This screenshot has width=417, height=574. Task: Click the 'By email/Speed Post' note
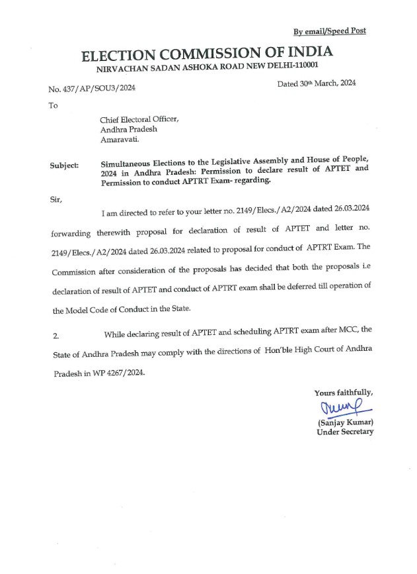[329, 30]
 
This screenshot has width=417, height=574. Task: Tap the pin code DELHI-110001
[291, 67]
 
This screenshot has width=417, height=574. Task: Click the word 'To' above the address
[54, 105]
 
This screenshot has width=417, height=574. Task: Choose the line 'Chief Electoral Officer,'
[139, 120]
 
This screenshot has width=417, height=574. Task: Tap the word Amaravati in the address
[120, 140]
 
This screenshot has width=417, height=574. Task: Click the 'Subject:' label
[64, 165]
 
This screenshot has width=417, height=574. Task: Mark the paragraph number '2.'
[55, 336]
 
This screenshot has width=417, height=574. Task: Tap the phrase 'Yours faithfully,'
[343, 393]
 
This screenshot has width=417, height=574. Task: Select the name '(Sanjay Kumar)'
[345, 422]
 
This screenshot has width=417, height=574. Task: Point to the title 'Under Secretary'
[344, 432]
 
